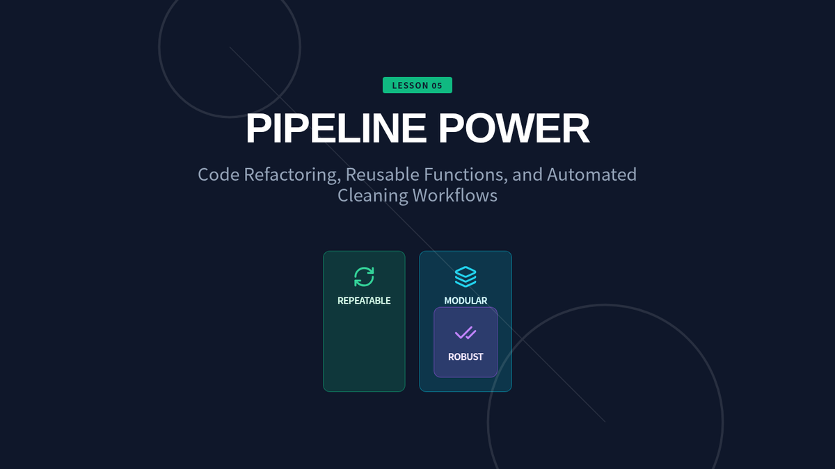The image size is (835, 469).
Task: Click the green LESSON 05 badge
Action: [x=417, y=85]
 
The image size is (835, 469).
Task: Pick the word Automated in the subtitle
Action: [x=591, y=174]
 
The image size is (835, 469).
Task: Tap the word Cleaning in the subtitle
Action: [x=373, y=195]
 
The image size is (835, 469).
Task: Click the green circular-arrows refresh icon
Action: [x=364, y=277]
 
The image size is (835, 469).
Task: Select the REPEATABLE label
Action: [x=364, y=301]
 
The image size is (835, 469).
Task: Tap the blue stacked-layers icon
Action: [x=466, y=277]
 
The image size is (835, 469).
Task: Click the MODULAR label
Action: [x=466, y=301]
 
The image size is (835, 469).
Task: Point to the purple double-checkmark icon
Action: [x=466, y=334]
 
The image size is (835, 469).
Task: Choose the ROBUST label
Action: [x=466, y=357]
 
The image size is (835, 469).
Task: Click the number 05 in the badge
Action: [x=436, y=85]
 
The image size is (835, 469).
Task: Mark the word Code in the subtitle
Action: [x=218, y=174]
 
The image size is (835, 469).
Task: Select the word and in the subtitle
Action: [x=527, y=174]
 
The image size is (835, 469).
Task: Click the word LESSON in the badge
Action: [x=409, y=85]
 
